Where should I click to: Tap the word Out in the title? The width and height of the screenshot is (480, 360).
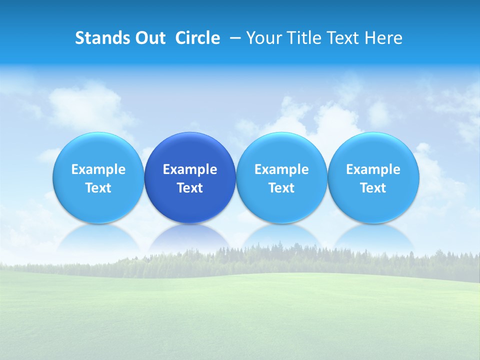[x=148, y=38]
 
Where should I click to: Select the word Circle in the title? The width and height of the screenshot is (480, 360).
[x=197, y=38]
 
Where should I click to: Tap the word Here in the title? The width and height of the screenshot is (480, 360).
[x=382, y=38]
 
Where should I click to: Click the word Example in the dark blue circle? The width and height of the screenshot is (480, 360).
[x=190, y=169]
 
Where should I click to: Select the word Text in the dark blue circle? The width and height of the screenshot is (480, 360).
[x=190, y=188]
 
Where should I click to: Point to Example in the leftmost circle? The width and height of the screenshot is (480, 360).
[x=98, y=169]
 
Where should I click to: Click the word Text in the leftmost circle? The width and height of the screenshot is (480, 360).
[x=98, y=188]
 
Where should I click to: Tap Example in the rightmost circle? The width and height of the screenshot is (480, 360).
[x=373, y=169]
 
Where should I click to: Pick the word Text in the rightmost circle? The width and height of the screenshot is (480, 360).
[x=373, y=188]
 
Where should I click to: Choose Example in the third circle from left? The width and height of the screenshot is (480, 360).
[x=281, y=169]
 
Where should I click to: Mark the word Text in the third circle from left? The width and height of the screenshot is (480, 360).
[x=281, y=188]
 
